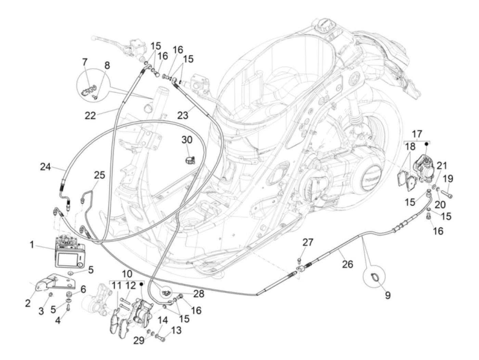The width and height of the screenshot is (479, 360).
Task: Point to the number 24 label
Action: coord(45,167)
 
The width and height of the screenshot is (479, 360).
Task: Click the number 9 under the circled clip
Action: coord(387,295)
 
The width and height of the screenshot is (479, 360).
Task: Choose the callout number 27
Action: coord(308,243)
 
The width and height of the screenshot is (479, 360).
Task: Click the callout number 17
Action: coord(417,133)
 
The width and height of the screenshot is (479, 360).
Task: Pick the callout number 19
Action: coord(448,179)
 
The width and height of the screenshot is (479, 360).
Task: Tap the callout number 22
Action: coord(90,116)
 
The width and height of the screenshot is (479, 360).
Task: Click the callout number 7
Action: coord(85,62)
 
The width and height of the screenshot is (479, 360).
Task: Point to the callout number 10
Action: coord(127,274)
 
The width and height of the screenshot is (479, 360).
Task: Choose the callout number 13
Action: coord(177,331)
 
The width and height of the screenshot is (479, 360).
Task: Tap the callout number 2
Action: coord(28,303)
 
